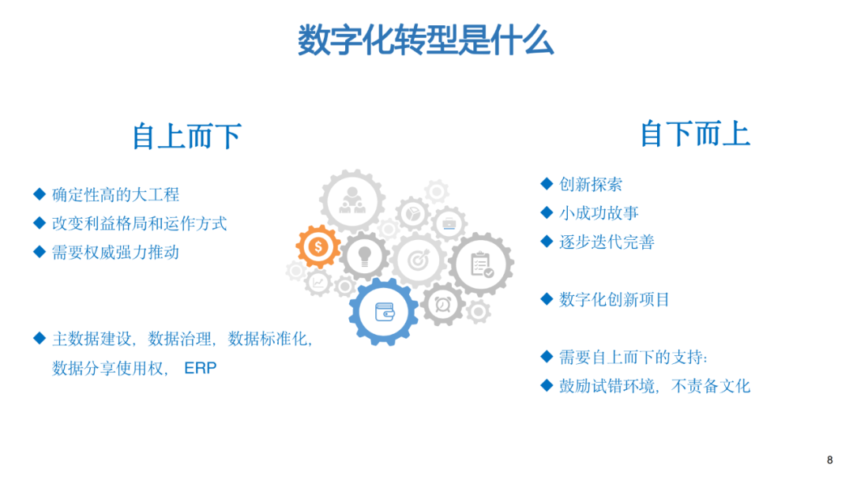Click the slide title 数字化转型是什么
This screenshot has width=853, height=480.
(426, 39)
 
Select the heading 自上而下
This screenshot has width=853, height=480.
(187, 136)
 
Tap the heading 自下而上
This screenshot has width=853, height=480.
(695, 133)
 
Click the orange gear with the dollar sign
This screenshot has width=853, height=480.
(318, 247)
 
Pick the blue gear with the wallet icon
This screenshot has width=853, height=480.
(384, 312)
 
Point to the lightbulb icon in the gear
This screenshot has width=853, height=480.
(364, 256)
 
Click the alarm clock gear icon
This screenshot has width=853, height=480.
(443, 305)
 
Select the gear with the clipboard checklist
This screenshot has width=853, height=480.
(482, 264)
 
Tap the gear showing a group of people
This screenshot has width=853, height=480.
(352, 201)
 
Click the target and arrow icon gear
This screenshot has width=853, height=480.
(419, 261)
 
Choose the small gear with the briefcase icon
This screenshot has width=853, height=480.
(449, 223)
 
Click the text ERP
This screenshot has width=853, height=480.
(200, 368)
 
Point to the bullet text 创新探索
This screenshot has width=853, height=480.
(591, 184)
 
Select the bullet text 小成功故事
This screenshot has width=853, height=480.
(599, 213)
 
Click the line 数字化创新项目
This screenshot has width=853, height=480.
(614, 299)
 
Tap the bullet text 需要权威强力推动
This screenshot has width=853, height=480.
(115, 252)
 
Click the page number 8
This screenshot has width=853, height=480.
(829, 460)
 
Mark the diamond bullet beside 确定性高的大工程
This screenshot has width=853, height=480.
(39, 194)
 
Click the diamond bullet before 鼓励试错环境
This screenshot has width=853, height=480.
(547, 385)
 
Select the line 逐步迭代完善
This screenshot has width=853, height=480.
(607, 242)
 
